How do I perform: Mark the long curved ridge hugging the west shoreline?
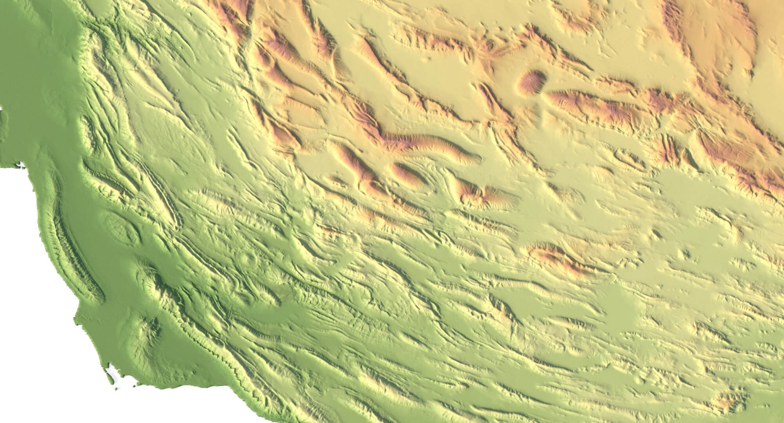74,251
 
